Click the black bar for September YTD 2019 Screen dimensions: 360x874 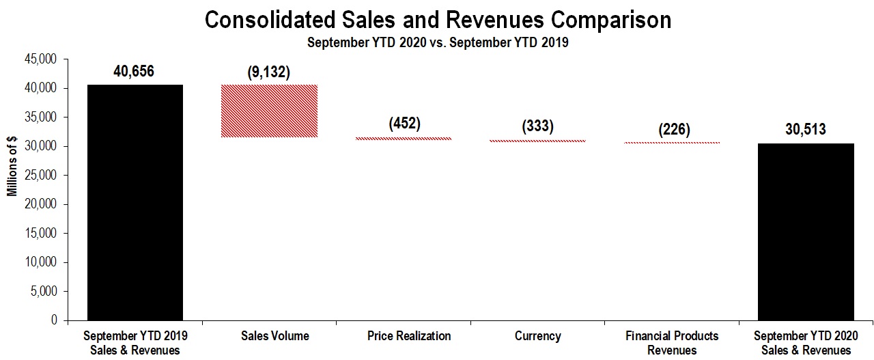(135, 202)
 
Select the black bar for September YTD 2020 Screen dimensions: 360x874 (806, 232)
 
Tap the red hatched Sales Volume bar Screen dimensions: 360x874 (269, 111)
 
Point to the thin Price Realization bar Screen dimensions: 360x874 (404, 139)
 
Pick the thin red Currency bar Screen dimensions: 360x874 (537, 141)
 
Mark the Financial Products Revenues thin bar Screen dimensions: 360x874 (672, 143)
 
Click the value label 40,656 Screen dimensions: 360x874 (135, 72)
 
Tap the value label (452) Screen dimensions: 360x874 (404, 124)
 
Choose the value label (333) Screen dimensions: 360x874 (537, 126)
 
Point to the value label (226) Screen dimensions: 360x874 (672, 128)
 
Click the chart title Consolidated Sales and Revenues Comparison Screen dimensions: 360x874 (438, 20)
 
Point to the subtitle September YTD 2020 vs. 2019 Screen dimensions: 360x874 (438, 42)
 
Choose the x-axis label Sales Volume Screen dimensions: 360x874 (274, 336)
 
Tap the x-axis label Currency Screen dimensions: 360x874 (538, 336)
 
